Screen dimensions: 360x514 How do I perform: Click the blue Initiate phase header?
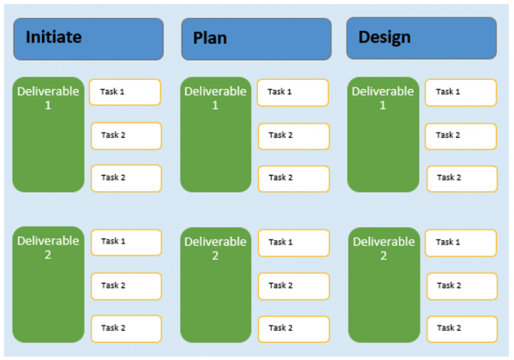[88, 39]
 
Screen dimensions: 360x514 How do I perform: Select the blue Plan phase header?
[255, 39]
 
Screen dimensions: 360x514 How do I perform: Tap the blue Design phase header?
[421, 39]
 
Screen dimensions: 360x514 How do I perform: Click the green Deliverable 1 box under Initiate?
[48, 135]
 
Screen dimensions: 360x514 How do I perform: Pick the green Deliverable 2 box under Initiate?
[48, 284]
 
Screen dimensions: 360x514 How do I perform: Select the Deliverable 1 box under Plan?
[215, 135]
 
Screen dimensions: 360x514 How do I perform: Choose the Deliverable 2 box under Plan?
[215, 284]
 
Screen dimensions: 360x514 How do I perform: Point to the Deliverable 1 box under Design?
[383, 135]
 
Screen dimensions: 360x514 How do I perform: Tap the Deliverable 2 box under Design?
[383, 284]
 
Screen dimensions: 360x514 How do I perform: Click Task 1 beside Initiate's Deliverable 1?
[125, 92]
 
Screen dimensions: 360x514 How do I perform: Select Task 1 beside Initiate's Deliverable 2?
[126, 242]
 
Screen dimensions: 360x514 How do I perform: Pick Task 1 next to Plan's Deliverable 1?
[292, 92]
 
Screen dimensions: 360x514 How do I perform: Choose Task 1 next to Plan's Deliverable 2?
[293, 242]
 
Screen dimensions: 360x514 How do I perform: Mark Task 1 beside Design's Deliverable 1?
[460, 92]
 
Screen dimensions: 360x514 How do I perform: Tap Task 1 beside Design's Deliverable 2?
[461, 242]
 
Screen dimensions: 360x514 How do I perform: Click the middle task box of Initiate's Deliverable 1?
[126, 135]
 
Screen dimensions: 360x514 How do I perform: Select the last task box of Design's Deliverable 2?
[462, 328]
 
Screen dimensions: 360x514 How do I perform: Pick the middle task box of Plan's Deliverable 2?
[294, 285]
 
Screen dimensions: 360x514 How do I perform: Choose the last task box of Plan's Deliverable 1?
[294, 178]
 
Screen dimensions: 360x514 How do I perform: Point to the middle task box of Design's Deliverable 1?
[461, 135]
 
